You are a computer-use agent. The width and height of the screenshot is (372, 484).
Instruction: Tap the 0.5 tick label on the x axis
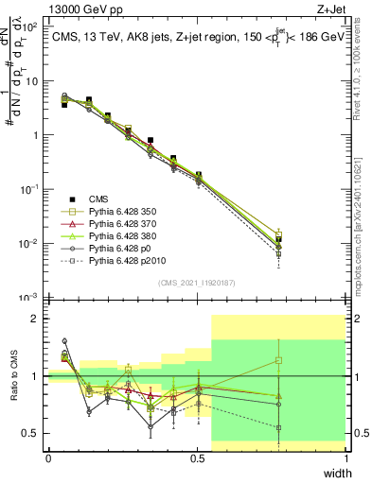click(x=197, y=458)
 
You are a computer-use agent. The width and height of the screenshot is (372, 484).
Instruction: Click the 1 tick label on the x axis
click(x=346, y=458)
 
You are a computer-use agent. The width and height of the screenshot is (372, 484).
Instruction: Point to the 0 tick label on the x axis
click(x=48, y=458)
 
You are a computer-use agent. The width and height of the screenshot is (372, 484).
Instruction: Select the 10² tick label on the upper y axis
click(x=30, y=26)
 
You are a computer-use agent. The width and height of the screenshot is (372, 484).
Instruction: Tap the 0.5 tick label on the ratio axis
click(x=31, y=434)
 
